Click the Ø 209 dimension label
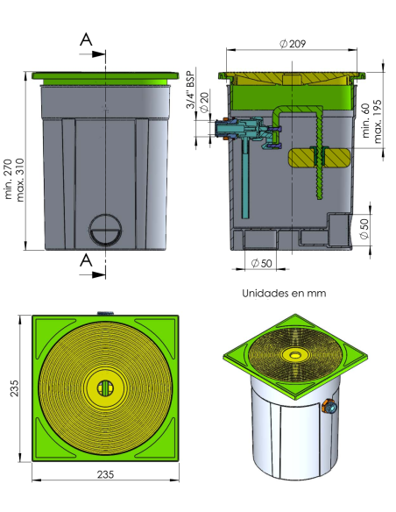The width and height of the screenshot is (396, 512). tap(293, 44)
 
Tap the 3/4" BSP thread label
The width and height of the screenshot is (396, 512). tap(190, 89)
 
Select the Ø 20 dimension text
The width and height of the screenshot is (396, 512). tap(204, 103)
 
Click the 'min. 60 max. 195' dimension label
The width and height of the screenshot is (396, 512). tap(371, 121)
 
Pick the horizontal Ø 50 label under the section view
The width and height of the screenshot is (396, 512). tap(261, 263)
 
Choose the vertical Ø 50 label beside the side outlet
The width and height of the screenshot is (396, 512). tap(364, 228)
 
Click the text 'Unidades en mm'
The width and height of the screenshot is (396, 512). tap(284, 293)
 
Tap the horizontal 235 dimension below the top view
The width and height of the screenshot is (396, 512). tap(105, 474)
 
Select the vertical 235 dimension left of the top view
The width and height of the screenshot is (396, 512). tap(14, 388)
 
